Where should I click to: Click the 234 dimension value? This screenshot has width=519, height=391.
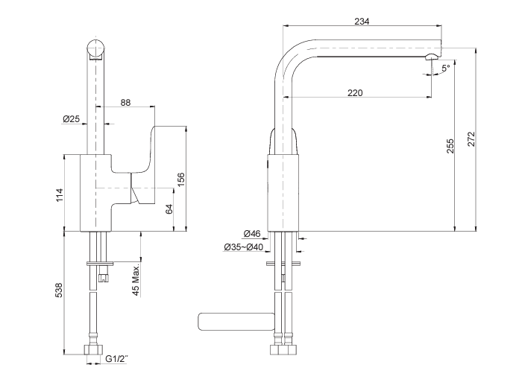coord(362,21)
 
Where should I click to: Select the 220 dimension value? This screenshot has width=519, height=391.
coord(356,93)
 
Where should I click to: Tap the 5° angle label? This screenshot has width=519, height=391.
coord(444,69)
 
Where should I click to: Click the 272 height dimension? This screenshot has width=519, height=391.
coord(471,139)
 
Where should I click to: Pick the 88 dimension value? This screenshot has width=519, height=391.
coord(125,102)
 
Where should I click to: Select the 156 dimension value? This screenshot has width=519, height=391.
coord(180,180)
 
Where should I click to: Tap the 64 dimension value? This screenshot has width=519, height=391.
coord(169,210)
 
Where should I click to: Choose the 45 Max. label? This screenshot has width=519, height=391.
coord(137,280)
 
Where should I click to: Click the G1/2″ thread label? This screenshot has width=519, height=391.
coord(116,359)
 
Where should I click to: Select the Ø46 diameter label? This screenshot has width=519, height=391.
coord(251,234)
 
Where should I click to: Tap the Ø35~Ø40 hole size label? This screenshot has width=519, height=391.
coord(244,247)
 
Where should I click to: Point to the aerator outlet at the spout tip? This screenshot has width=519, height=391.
coord(432,58)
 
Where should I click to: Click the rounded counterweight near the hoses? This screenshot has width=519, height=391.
coord(234,321)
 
